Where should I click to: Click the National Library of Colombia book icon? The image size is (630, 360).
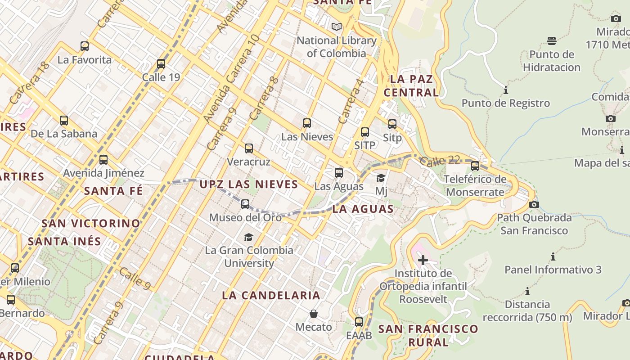click(337, 27)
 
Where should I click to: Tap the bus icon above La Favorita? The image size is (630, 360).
click(85, 46)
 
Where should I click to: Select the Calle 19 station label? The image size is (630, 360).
click(161, 77)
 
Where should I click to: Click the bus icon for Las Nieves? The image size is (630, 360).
click(307, 123)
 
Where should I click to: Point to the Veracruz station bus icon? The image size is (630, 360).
click(249, 148)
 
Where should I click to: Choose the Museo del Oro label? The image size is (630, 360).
click(245, 217)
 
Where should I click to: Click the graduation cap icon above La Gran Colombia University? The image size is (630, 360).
click(248, 237)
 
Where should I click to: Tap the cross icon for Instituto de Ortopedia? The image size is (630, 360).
click(423, 260)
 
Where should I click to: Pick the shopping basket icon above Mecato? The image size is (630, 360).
click(314, 313)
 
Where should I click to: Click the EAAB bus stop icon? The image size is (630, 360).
click(359, 322)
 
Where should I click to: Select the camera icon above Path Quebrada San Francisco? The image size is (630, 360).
click(534, 204)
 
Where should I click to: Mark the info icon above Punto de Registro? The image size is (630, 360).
click(506, 90)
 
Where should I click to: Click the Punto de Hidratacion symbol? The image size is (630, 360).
click(552, 41)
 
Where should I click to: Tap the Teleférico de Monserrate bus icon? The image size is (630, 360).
click(475, 166)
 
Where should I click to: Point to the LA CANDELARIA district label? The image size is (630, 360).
click(271, 295)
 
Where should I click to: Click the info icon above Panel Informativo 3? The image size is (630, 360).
click(553, 257)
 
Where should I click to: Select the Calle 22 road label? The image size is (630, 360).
click(441, 161)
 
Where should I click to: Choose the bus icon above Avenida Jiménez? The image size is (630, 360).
click(103, 159)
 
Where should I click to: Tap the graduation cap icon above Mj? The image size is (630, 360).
click(381, 178)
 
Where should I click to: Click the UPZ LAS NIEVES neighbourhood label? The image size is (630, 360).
click(248, 184)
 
